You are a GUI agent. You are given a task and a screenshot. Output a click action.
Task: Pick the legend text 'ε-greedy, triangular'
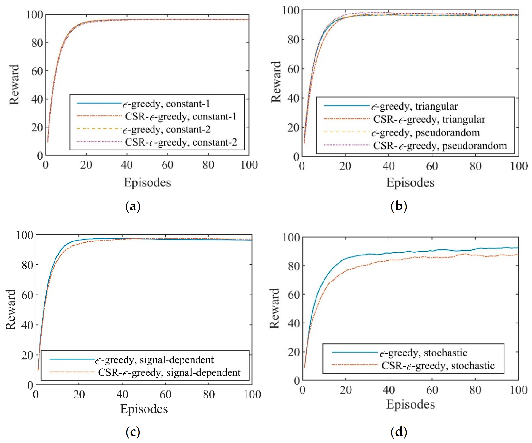(x=414, y=106)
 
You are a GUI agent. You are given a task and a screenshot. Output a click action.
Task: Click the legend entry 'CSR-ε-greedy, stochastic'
(x=438, y=366)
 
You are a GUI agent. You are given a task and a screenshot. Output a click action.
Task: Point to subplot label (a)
(x=133, y=206)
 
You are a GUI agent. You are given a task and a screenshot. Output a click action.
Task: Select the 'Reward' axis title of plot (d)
(x=274, y=308)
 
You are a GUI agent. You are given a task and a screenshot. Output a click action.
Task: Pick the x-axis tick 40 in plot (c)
(x=122, y=394)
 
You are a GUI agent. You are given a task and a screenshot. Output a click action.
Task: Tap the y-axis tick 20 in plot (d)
(x=294, y=352)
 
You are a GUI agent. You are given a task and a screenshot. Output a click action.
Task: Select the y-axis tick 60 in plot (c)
(x=27, y=295)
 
